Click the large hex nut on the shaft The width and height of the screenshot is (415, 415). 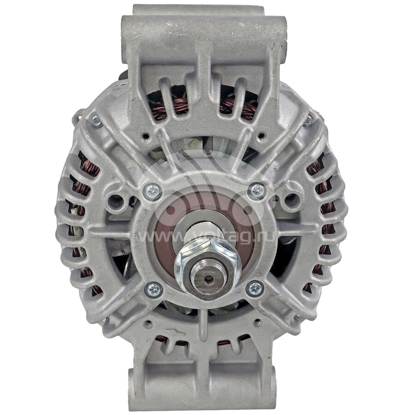[208, 267]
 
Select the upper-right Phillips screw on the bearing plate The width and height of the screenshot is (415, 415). [257, 190]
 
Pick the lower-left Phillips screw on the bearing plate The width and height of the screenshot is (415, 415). [154, 289]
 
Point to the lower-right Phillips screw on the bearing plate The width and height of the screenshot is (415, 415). [255, 288]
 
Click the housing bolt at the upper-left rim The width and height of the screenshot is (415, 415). [96, 121]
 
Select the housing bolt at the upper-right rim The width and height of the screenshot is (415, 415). [308, 121]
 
